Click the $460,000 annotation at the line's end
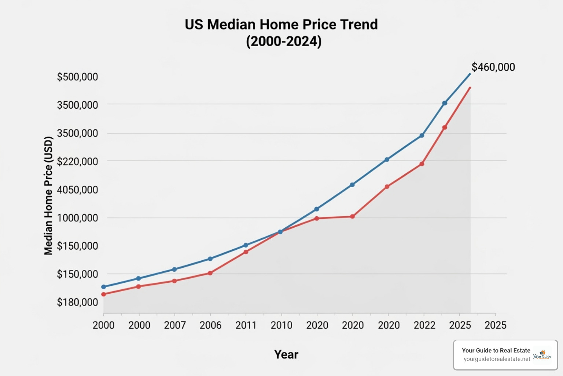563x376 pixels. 493,67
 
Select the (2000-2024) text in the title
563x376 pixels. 283,41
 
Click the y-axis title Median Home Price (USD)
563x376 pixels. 48,195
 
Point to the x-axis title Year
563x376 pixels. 286,354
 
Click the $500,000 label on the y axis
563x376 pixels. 77,77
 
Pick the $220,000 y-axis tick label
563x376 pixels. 77,161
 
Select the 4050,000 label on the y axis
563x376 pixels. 77,189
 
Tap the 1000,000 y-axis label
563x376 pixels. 77,218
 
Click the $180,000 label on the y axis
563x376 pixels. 77,302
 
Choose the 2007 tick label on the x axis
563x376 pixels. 175,325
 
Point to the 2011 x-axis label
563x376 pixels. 246,325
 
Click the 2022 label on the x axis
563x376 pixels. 424,325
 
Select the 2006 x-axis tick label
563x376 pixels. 210,325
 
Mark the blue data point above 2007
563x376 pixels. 174,269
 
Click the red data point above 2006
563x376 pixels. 210,273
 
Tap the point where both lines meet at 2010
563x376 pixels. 280,232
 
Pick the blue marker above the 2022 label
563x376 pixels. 422,135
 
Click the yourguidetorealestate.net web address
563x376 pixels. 497,359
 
